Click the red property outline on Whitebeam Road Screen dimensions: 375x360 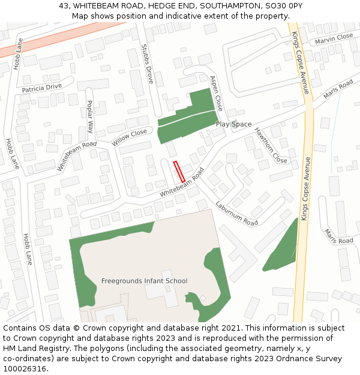[179, 172]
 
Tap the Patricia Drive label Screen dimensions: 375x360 [42, 87]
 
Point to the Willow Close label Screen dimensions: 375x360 [129, 137]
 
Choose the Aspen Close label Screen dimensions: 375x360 [215, 93]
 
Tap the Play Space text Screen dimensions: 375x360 [234, 124]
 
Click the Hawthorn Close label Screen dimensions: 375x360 [271, 145]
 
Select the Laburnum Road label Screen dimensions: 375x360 [236, 214]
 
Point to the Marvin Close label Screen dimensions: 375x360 [334, 37]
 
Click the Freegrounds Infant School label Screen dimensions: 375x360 [144, 281]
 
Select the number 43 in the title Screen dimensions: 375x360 [64, 5]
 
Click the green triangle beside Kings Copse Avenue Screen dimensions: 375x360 [282, 249]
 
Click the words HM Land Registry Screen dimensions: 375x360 [34, 349]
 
